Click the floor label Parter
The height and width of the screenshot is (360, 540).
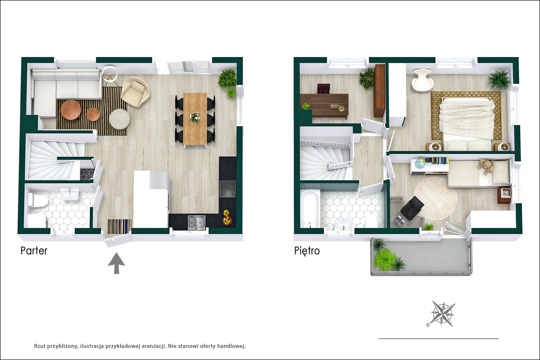[x=34, y=251]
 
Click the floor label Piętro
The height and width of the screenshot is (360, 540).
[x=307, y=251]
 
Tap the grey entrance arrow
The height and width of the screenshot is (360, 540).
[x=116, y=263]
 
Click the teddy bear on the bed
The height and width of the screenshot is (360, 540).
[x=483, y=167]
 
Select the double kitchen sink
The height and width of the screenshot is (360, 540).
[x=197, y=222]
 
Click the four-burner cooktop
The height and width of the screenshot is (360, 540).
[x=227, y=189]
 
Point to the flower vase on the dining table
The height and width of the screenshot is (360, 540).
[x=195, y=117]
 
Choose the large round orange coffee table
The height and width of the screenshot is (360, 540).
[x=71, y=110]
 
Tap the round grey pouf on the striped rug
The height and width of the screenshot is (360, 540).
[x=119, y=119]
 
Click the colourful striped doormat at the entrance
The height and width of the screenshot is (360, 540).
[x=119, y=226]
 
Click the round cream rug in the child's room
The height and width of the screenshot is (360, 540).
[x=436, y=198]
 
